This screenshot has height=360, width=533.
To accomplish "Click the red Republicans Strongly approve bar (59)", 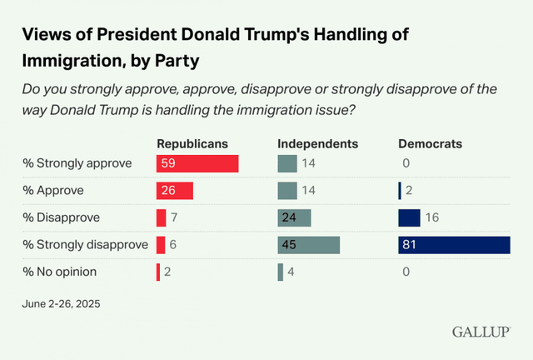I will coord(197,163).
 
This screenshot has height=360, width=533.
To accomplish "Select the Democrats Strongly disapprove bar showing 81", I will coord(454,244).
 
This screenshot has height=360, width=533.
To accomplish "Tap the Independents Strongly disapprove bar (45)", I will coord(309,244).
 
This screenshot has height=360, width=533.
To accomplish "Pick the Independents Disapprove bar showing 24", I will coord(294,217).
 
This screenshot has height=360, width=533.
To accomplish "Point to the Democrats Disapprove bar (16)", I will coord(409,217).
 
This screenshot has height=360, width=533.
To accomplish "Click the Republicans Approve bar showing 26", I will coord(175,191).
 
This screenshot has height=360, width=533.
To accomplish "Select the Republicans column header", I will coord(192,143).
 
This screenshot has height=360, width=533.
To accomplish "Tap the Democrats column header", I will coord(431,143).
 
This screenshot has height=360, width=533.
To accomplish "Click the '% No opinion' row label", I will coord(60,272).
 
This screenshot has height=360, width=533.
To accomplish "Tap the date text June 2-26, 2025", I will coord(60,303).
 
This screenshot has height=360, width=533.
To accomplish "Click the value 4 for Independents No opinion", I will coord(291,272).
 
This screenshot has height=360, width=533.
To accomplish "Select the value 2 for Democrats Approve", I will coord(410,191).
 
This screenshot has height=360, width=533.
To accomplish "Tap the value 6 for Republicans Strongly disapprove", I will coord(172,244).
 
